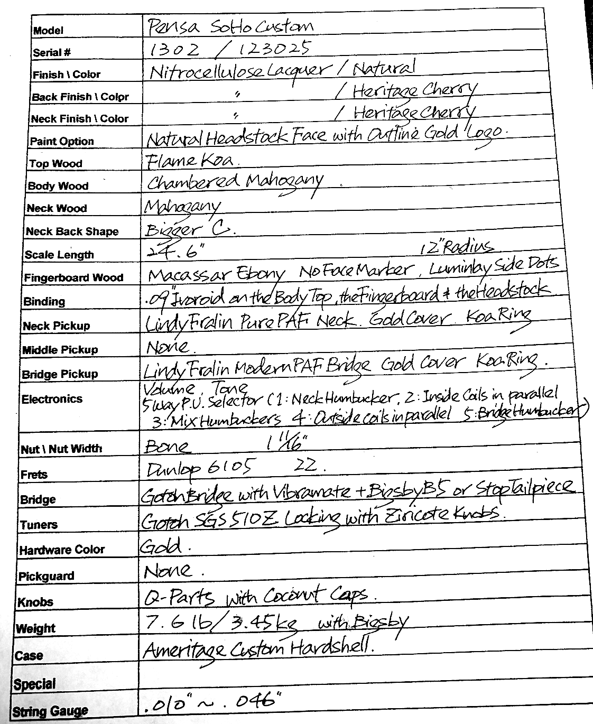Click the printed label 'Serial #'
pyautogui.click(x=52, y=52)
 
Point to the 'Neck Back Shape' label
pyautogui.click(x=72, y=231)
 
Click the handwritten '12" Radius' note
pyautogui.click(x=456, y=247)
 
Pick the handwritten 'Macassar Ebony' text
pyautogui.click(x=217, y=274)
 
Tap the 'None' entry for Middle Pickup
pyautogui.click(x=167, y=347)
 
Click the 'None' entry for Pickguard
pyautogui.click(x=169, y=570)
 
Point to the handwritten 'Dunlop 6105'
pyautogui.click(x=201, y=468)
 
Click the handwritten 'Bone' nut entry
pyautogui.click(x=167, y=447)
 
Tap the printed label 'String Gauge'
pyautogui.click(x=50, y=711)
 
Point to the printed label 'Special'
pyautogui.click(x=34, y=684)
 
